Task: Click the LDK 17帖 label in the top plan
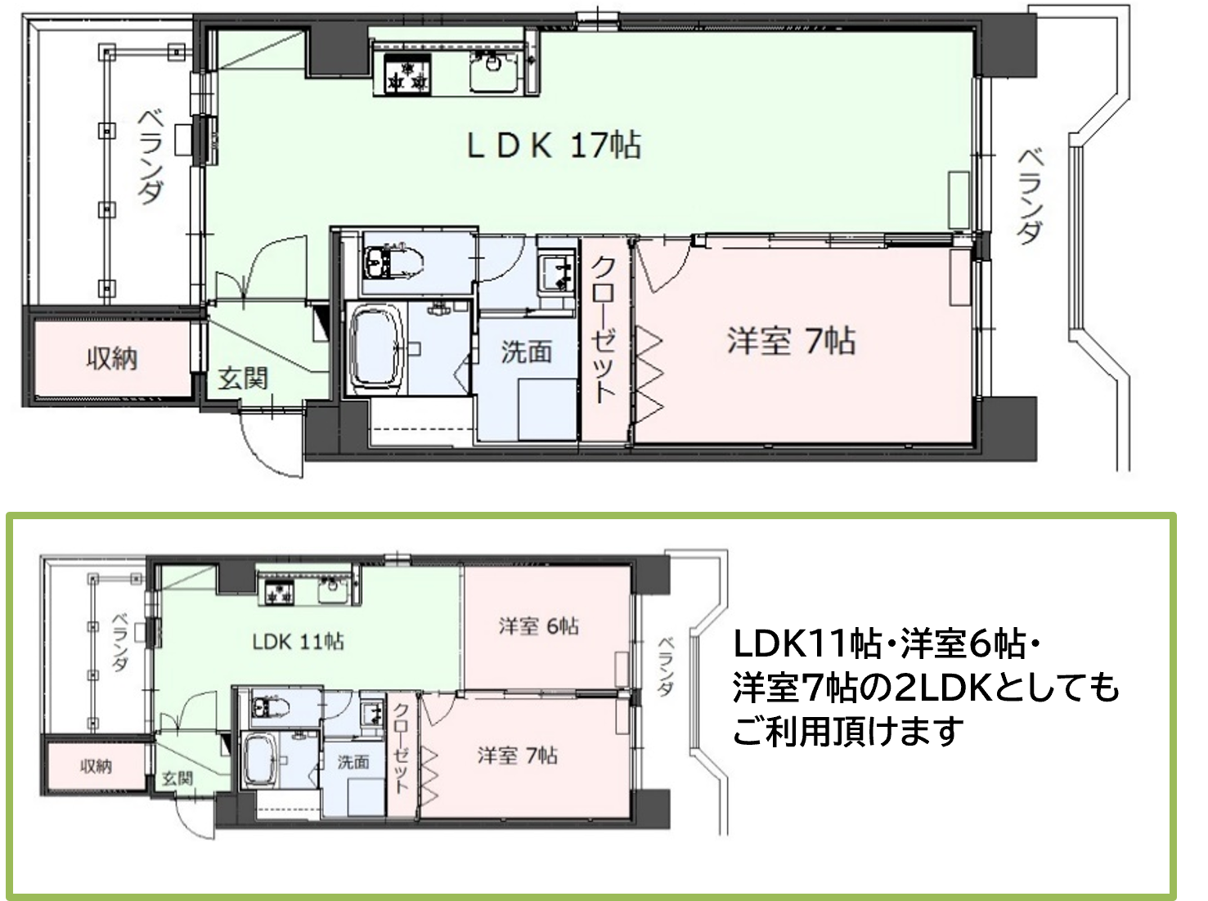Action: pos(554,146)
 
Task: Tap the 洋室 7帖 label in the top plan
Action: pos(792,341)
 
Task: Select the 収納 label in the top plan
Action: pos(112,359)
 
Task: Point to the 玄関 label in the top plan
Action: pos(243,379)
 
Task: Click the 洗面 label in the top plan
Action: pos(527,352)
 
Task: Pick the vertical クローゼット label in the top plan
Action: pos(603,330)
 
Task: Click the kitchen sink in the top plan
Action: pos(494,71)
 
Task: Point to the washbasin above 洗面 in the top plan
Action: pos(557,273)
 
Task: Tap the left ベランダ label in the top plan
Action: pos(150,158)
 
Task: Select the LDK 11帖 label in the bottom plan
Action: pos(299,642)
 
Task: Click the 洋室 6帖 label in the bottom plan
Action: pos(539,626)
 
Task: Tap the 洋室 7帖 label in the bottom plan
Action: pos(518,755)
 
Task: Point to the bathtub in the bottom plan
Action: pos(262,761)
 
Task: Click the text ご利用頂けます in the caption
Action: pos(848,731)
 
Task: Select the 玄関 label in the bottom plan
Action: pos(177,778)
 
